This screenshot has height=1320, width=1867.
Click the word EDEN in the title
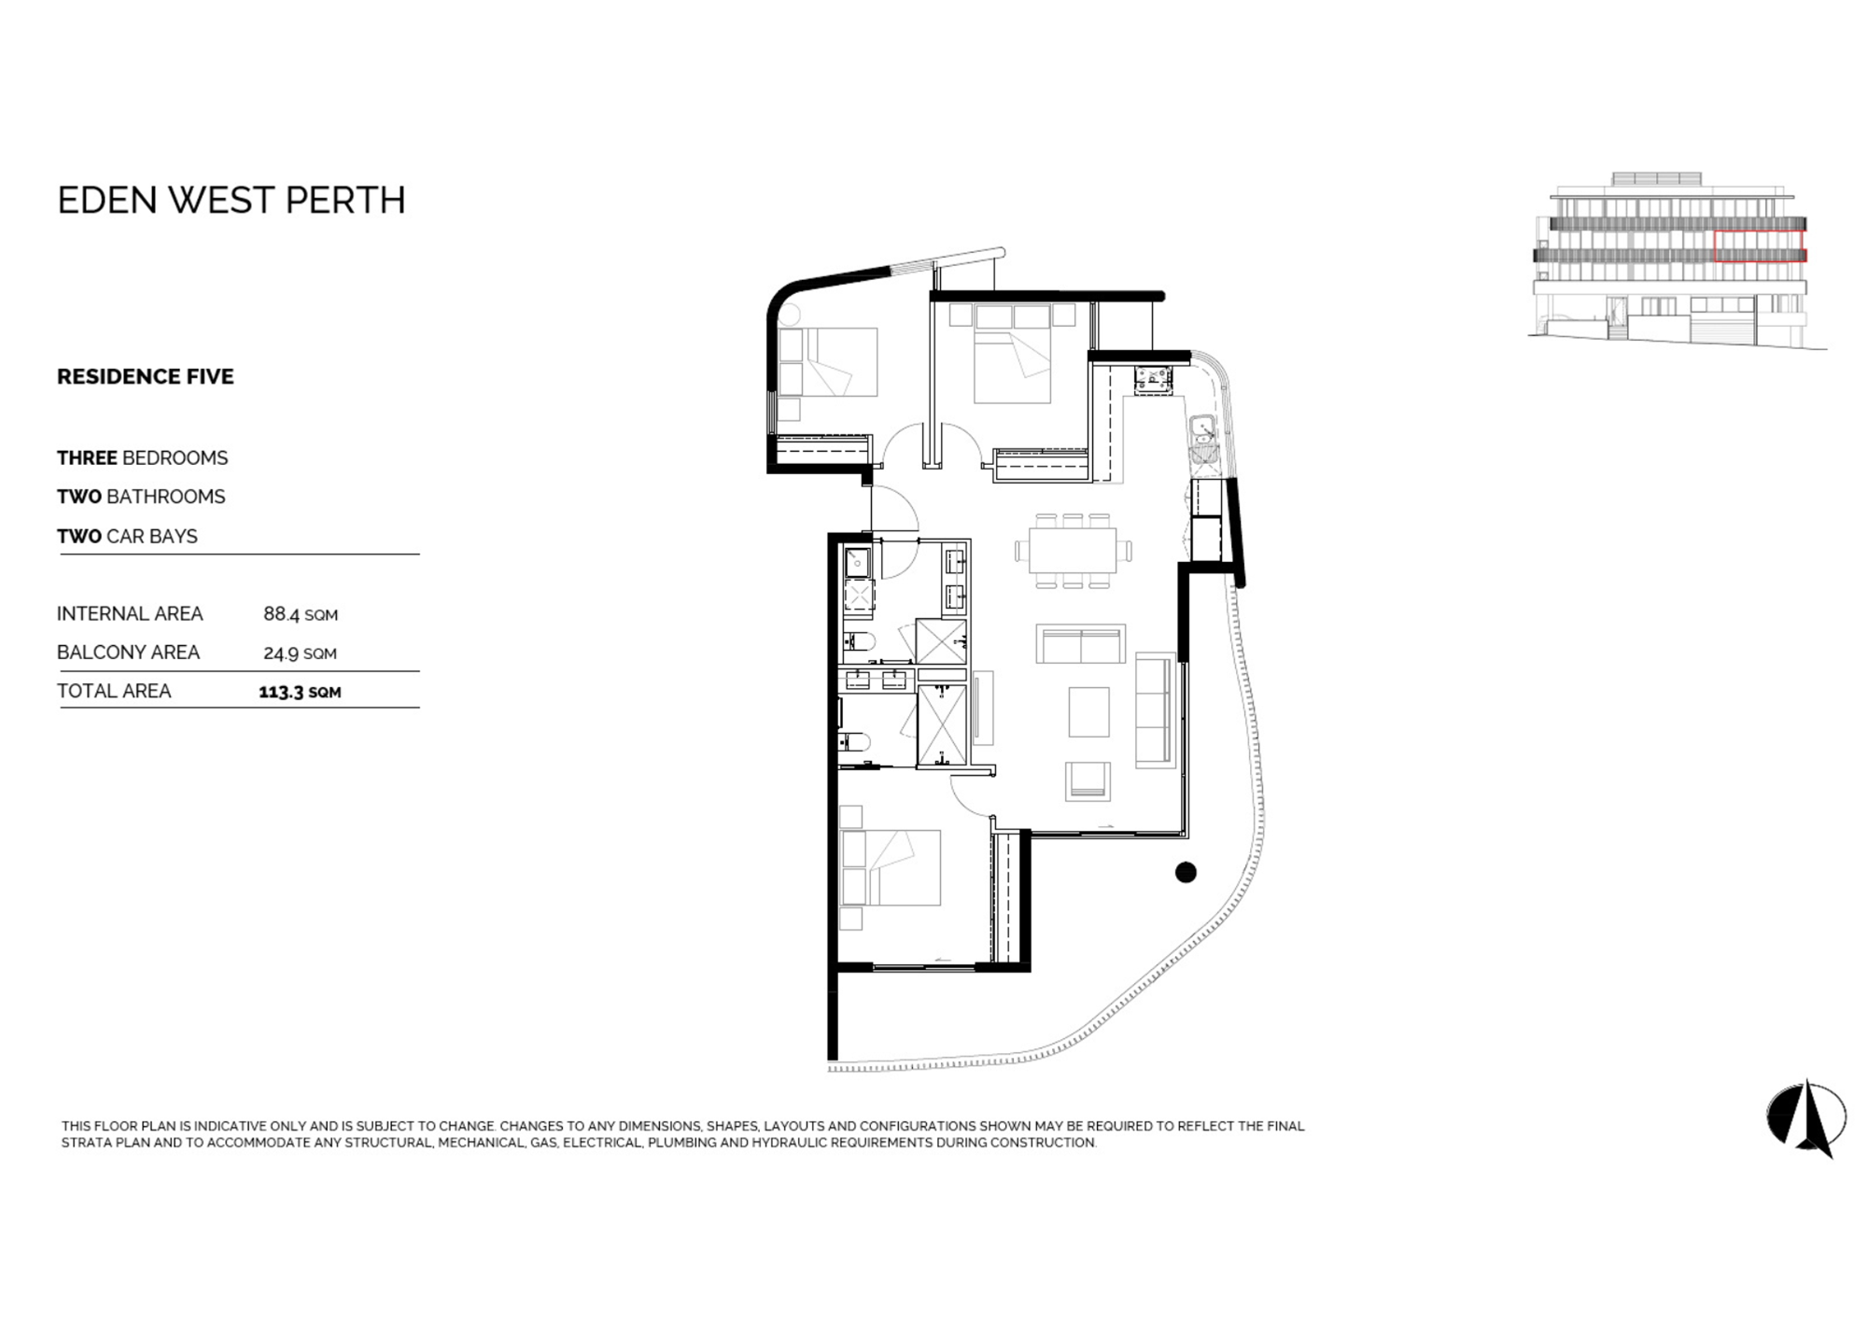[x=107, y=200]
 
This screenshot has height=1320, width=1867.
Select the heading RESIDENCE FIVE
[x=146, y=376]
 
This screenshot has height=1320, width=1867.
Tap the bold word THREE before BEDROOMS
[x=87, y=457]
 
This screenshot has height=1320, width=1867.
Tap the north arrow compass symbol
[x=1807, y=1117]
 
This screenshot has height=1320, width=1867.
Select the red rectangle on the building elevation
[x=1760, y=246]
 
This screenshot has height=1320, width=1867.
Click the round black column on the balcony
[x=1186, y=872]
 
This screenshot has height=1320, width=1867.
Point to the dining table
[x=1073, y=551]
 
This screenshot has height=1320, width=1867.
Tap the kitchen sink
[x=1202, y=439]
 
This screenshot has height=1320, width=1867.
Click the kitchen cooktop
[x=1154, y=378]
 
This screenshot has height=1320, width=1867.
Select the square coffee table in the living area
[x=1088, y=711]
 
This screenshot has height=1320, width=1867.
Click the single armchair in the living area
[x=1088, y=780]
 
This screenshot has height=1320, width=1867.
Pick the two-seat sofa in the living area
[x=1080, y=644]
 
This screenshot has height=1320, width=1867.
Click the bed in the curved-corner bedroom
[x=829, y=362]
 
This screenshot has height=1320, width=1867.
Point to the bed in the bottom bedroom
[x=891, y=867]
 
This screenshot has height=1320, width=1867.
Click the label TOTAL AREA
[x=114, y=691]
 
